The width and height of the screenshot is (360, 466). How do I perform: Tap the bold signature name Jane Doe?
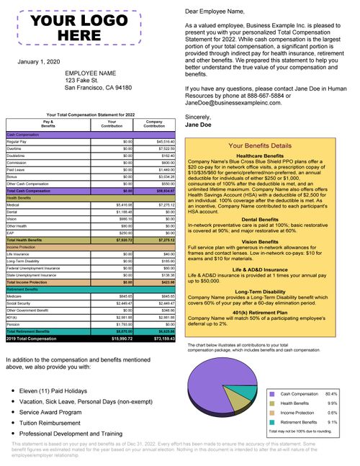tap(199, 124)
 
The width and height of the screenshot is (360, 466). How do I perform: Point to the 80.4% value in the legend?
tap(331, 394)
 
